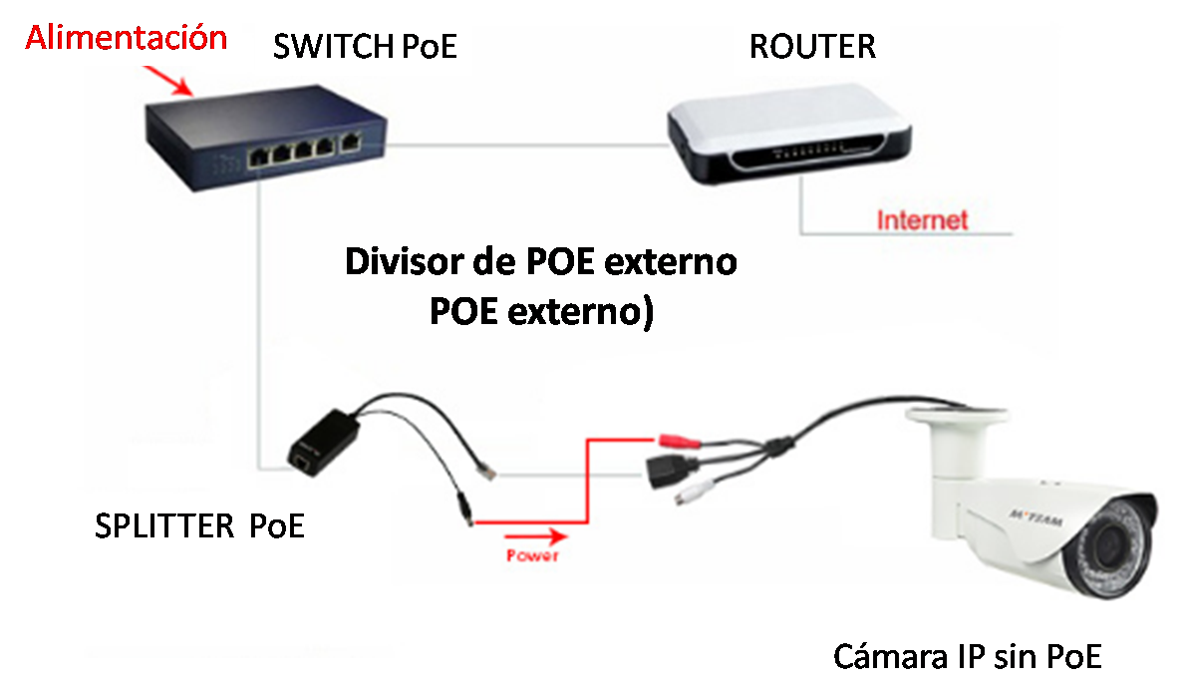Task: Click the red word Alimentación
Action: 127,38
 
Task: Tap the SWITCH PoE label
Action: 365,46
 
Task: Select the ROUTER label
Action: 812,46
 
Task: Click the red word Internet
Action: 922,219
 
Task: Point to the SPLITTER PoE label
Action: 199,525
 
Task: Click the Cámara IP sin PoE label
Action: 967,657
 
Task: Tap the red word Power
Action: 531,555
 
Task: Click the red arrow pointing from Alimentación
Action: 168,81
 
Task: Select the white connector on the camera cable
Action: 695,493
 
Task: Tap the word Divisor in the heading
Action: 405,263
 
